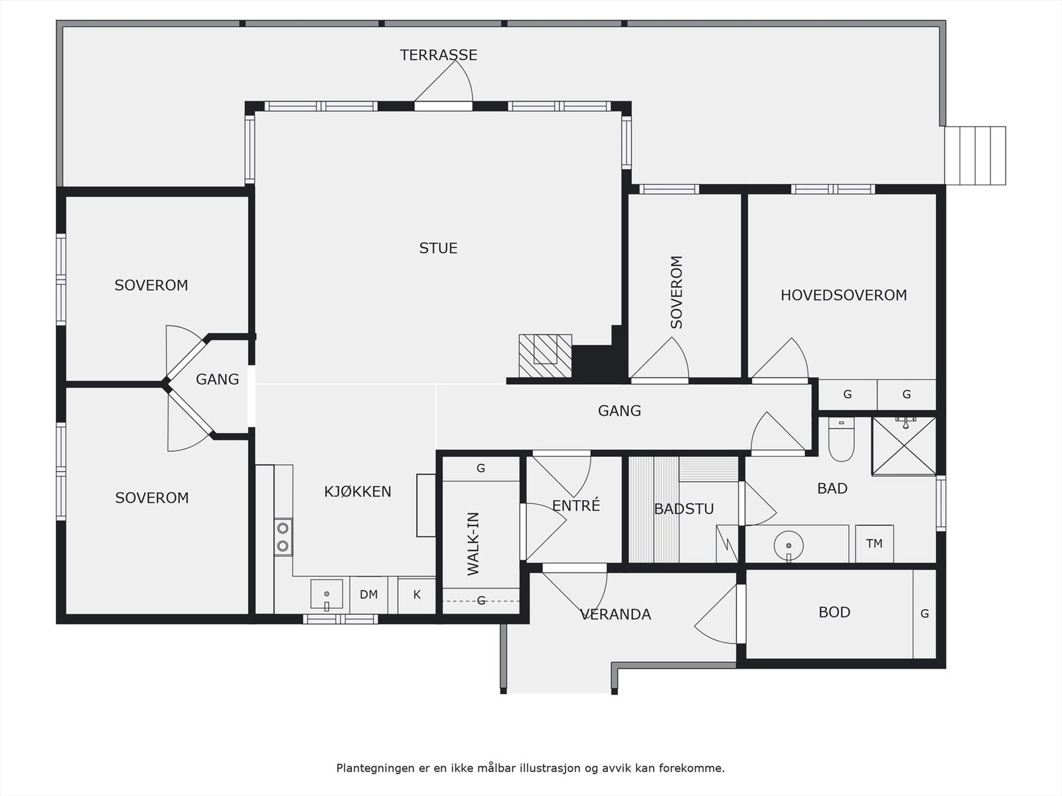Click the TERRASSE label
coord(438,55)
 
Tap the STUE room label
coord(438,248)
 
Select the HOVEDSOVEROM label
coord(844,295)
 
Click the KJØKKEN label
coord(358,491)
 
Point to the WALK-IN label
coord(473,544)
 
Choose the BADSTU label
coord(684,509)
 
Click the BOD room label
coord(834,612)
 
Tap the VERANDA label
coord(615,614)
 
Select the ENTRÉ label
coord(575,505)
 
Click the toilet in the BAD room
coord(841,440)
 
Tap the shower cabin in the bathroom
coord(904,446)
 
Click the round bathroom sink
coord(789,546)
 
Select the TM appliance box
coord(874,544)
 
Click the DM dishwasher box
coord(368,595)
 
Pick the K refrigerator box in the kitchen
coord(417,595)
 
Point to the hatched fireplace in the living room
coord(546,356)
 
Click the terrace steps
coord(976,156)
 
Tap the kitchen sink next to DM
coord(327,594)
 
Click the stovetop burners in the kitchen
coord(283,537)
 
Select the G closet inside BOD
coord(925,614)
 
